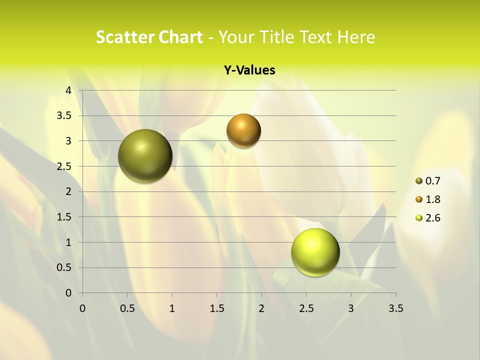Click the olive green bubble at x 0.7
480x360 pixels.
[x=145, y=156]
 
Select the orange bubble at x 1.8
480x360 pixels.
[x=243, y=131]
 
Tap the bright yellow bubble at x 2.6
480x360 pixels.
[x=315, y=252]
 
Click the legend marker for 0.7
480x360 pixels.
[x=419, y=181]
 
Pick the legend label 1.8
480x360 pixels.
[x=433, y=199]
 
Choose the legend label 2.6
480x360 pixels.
[x=433, y=218]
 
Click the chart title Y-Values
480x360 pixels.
[x=249, y=70]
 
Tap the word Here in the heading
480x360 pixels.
[x=355, y=37]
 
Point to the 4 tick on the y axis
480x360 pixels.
[x=68, y=90]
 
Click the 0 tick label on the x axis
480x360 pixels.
[x=82, y=308]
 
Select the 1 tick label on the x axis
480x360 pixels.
[x=172, y=308]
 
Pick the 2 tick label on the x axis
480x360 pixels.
[x=261, y=308]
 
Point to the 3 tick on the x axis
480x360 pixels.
[x=351, y=308]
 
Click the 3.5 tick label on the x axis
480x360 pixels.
[x=395, y=308]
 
